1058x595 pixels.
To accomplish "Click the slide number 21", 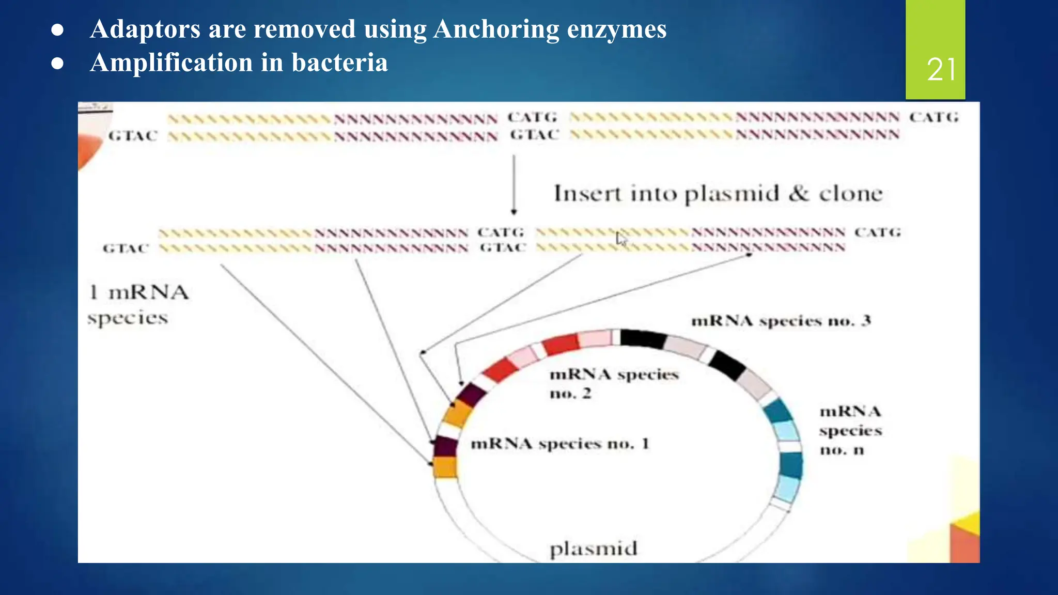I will coord(941,69).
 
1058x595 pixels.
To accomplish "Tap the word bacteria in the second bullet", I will coord(339,63).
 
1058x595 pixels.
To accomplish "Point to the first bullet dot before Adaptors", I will coord(57,30).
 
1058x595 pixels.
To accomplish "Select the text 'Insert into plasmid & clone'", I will coord(718,194).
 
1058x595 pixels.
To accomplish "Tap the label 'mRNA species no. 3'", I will coord(781,321).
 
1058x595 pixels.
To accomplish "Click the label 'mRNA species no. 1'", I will coord(559,444).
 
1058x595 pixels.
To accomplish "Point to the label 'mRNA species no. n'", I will coord(850,430).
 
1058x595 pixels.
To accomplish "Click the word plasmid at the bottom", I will coord(593,549).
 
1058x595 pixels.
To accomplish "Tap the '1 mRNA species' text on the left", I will coord(137,305).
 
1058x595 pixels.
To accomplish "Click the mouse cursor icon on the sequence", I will coord(621,239).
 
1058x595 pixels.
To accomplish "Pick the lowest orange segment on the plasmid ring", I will coord(445,467).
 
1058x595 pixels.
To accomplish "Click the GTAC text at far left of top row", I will coord(133,136).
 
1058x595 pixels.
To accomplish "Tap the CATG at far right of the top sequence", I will coord(933,117).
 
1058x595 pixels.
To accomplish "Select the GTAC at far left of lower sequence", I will coord(126,248).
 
